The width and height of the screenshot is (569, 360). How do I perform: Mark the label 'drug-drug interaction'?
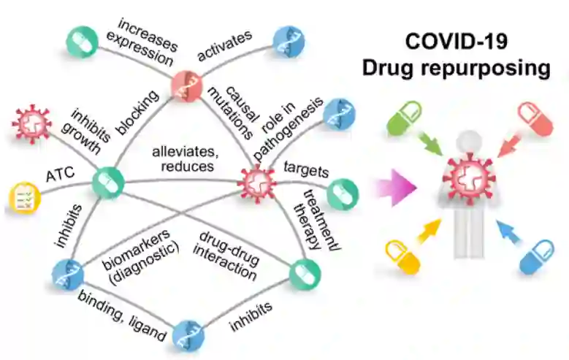pos(228,255)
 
